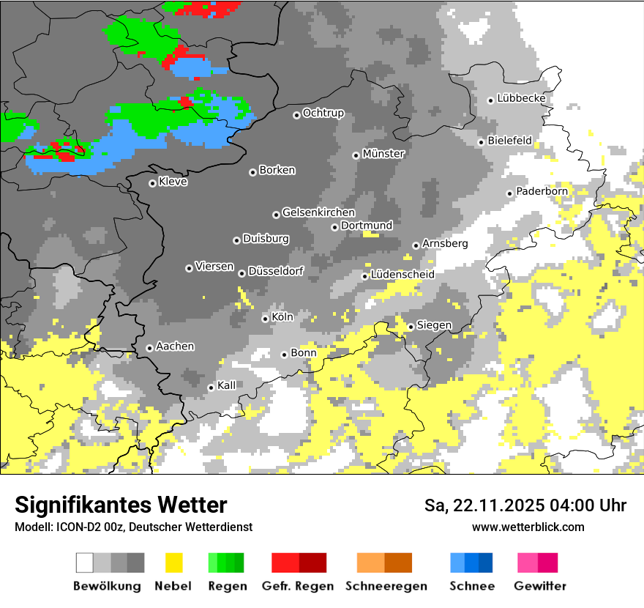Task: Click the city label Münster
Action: pyautogui.click(x=383, y=154)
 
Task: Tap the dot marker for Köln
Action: pyautogui.click(x=266, y=319)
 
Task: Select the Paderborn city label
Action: pyautogui.click(x=542, y=191)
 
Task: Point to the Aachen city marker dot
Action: pyautogui.click(x=150, y=348)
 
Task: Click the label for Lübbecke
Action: pyautogui.click(x=521, y=98)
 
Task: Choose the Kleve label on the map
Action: pyautogui.click(x=173, y=182)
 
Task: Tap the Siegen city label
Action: pyautogui.click(x=434, y=325)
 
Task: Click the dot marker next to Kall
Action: pyautogui.click(x=211, y=388)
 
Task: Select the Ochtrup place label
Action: pyautogui.click(x=323, y=113)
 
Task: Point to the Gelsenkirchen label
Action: pyautogui.click(x=318, y=212)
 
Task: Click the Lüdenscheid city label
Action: pyautogui.click(x=402, y=274)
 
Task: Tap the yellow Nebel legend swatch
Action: pyautogui.click(x=173, y=563)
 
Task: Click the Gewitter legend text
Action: pyautogui.click(x=539, y=586)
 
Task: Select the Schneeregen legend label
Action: pyautogui.click(x=386, y=586)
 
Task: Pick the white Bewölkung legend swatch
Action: pyautogui.click(x=85, y=563)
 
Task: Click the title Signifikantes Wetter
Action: pyautogui.click(x=121, y=505)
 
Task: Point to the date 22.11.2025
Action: pyautogui.click(x=495, y=505)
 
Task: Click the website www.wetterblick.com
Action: pyautogui.click(x=528, y=527)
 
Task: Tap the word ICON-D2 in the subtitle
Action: pyautogui.click(x=75, y=527)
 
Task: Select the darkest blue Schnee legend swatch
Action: pyautogui.click(x=486, y=563)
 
